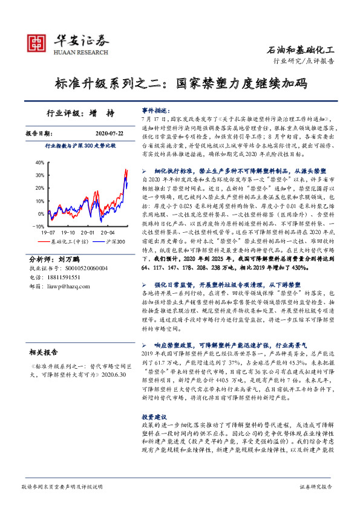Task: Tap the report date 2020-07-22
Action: [109, 133]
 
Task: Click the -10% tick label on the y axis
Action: [39, 225]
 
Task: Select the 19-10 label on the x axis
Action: [68, 232]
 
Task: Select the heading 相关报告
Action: [44, 351]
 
